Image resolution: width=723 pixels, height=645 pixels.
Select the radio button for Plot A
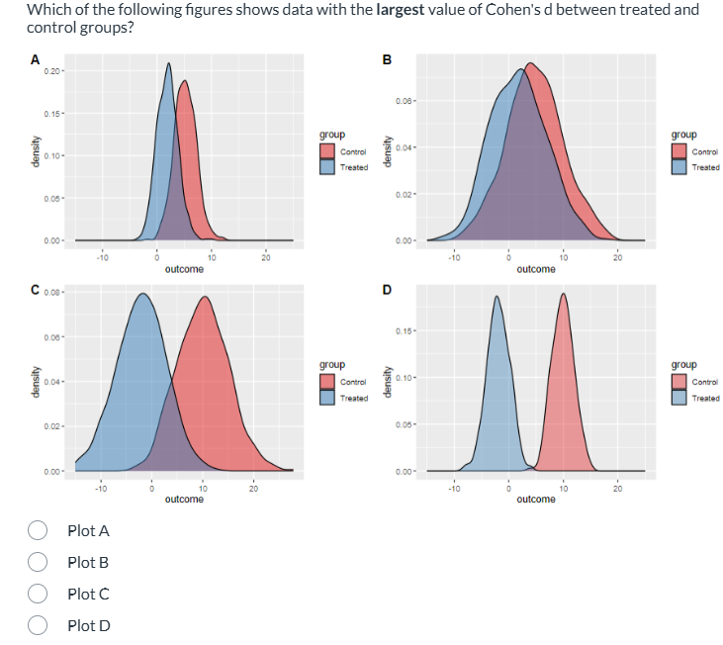(41, 530)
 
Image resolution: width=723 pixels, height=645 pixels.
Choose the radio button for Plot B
(41, 562)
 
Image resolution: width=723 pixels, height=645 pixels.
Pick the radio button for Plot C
(41, 594)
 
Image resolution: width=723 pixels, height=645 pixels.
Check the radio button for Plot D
(41, 625)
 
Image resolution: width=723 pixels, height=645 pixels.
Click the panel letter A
(36, 61)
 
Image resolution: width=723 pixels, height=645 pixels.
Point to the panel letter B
(387, 58)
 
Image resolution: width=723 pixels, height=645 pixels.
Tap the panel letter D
(387, 290)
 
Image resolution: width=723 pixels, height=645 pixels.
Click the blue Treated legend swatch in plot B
(679, 167)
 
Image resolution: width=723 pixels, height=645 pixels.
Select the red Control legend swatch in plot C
(327, 382)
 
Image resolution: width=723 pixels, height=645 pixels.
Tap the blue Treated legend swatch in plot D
(679, 398)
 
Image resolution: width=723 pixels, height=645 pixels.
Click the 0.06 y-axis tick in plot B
(405, 101)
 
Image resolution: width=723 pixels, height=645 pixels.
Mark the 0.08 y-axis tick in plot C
(52, 293)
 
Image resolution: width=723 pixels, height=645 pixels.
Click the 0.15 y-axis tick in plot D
(405, 330)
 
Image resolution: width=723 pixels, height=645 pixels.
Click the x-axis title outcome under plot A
(184, 269)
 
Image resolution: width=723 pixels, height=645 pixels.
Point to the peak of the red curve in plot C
(205, 296)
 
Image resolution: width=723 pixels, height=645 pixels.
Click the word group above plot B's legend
(683, 135)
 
